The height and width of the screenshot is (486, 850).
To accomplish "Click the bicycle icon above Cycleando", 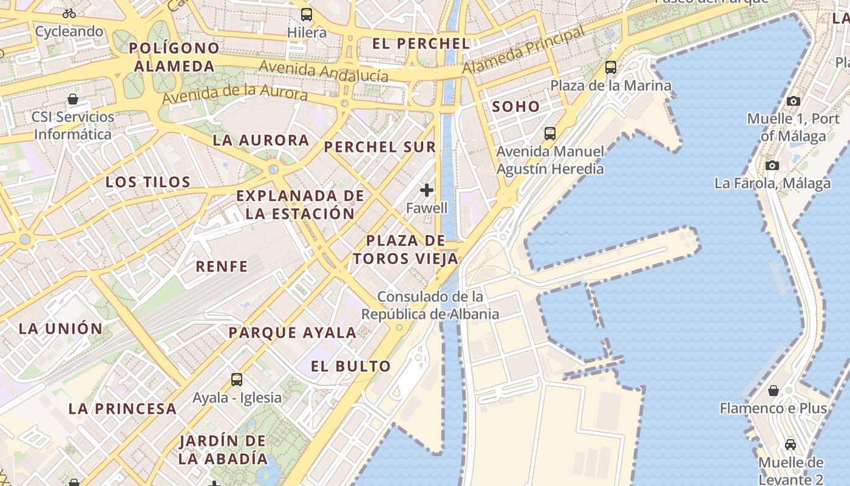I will (69, 13).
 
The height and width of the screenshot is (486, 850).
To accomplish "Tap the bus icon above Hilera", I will (307, 14).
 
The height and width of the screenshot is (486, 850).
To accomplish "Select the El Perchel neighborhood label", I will (421, 43).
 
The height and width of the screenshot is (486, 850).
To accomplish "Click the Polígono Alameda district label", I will (174, 56).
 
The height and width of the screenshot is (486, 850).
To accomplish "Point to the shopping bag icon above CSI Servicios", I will (73, 98).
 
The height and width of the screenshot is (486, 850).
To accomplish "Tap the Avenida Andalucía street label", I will (324, 70).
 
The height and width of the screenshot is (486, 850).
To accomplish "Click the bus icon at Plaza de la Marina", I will (611, 67).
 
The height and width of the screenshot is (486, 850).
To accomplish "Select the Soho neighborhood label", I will (515, 106).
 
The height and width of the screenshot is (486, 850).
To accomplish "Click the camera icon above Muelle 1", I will (793, 101).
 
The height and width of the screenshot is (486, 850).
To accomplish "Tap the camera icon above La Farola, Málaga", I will (772, 165).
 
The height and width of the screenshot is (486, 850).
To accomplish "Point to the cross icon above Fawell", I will (427, 190).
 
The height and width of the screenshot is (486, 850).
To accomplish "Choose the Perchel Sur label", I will (379, 146).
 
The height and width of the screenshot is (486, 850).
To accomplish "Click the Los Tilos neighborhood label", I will (148, 182).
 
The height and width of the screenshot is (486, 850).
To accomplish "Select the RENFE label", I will (222, 266).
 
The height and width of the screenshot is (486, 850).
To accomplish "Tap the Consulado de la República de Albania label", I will (430, 305).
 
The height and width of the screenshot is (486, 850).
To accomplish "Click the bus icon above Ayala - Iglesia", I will (237, 380).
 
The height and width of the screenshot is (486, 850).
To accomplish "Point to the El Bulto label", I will (350, 366).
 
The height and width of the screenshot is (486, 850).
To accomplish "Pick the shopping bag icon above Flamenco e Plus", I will (773, 390).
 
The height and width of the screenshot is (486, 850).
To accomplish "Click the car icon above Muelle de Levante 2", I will (790, 444).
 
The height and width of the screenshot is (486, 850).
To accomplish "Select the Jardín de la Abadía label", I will (223, 449).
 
